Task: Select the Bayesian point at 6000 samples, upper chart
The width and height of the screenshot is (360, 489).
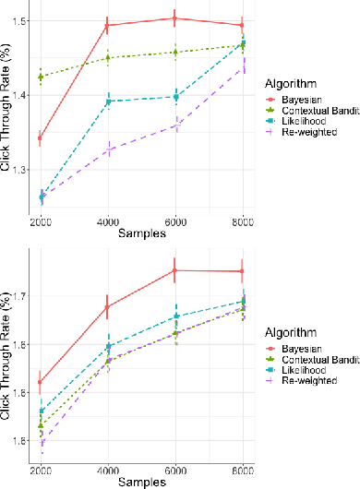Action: [x=175, y=18]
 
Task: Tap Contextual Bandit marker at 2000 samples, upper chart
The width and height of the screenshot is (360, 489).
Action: [x=41, y=76]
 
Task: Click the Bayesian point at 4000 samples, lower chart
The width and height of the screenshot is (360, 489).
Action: [x=108, y=306]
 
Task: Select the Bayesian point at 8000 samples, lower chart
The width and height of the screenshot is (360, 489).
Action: [x=243, y=271]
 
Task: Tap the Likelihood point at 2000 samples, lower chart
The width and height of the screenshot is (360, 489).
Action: [x=41, y=411]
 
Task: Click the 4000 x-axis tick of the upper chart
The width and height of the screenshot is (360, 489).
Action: [x=108, y=221]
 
